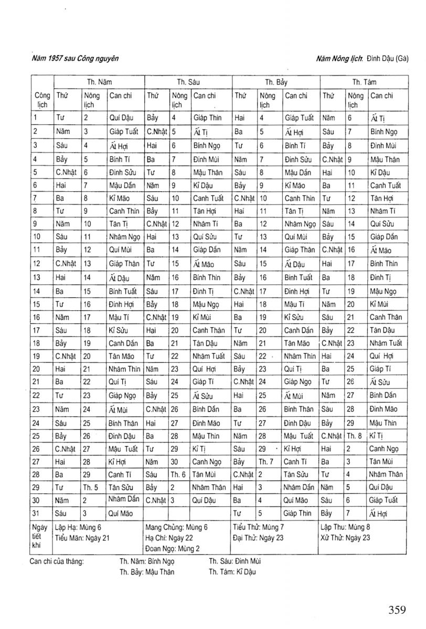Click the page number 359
pos(397,610)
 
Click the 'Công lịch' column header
pos(42,100)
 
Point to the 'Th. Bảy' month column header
pos(276,82)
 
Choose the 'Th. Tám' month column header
pos(364,82)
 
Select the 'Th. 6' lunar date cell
pos(178,474)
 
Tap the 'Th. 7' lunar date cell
pos(266,461)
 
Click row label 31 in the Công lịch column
pos(36,513)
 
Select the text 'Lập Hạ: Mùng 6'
pos(78,527)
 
